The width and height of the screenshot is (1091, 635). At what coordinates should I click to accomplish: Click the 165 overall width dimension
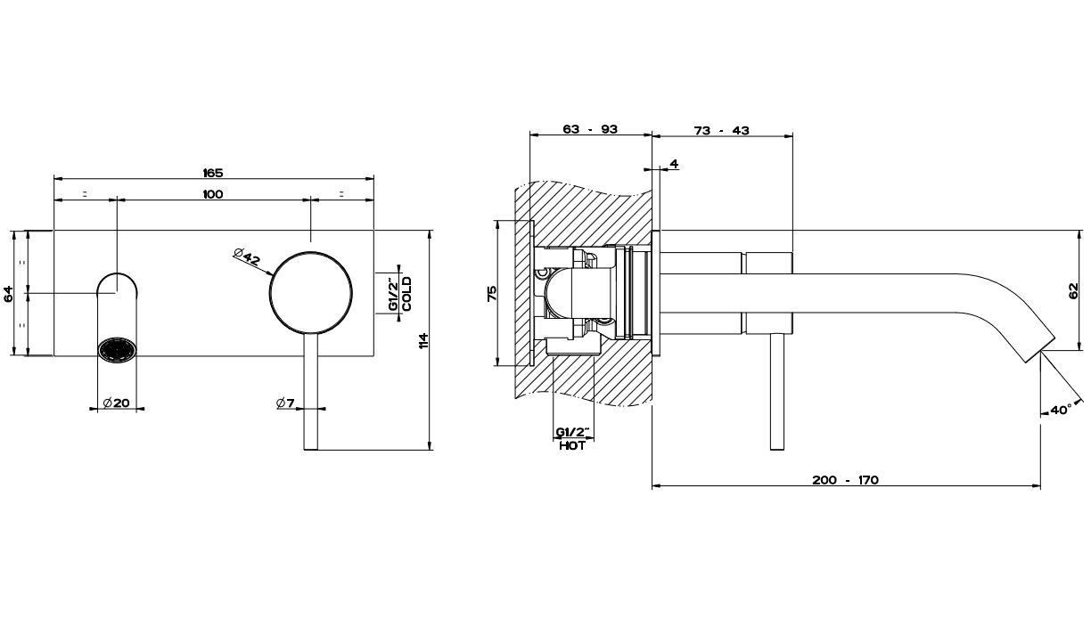tap(213, 173)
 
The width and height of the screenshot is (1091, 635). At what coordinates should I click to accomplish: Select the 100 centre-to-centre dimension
tap(213, 194)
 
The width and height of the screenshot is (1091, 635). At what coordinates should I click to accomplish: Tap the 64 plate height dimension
tap(8, 293)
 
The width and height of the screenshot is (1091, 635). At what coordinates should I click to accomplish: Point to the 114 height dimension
tap(423, 340)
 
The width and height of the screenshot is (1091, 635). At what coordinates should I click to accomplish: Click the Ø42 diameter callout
tap(247, 256)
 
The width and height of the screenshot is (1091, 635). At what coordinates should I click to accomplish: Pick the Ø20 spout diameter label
tap(117, 403)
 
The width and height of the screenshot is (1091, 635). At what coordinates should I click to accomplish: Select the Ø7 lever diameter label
tap(285, 403)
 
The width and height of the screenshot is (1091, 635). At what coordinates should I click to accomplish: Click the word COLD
tap(407, 294)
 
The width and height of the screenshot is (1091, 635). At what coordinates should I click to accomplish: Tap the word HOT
tap(572, 445)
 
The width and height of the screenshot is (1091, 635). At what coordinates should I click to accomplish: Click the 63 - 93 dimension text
tap(590, 129)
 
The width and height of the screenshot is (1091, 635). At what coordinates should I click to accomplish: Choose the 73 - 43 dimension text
tap(722, 130)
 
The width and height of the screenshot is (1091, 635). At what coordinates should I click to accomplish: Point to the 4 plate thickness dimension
tap(674, 164)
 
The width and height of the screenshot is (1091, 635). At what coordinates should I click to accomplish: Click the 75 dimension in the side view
tap(492, 293)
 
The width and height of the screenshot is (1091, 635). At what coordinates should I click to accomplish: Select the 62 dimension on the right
tap(1074, 291)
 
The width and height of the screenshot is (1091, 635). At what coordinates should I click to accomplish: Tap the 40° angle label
tap(1062, 410)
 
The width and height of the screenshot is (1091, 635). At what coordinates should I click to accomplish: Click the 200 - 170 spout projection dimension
tap(846, 480)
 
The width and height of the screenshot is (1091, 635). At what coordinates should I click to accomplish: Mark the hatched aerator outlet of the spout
tap(117, 350)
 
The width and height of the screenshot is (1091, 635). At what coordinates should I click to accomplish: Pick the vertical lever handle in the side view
tap(777, 392)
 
